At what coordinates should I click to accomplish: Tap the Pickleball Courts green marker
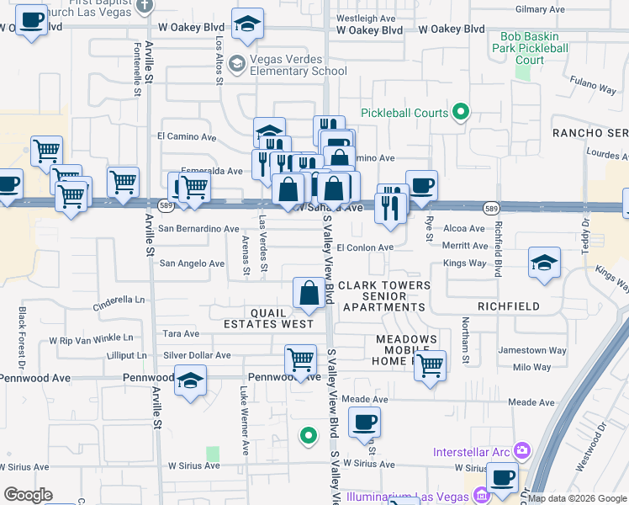460,111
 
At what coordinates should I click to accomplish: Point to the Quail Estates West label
268,317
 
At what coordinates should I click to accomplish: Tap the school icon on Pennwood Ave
191,380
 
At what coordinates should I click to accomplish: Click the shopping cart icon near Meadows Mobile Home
430,365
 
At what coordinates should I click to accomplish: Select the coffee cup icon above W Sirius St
364,422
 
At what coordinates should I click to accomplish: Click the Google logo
28,495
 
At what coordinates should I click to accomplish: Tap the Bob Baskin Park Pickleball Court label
533,48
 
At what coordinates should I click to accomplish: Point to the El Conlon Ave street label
365,247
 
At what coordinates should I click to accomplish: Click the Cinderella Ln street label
119,299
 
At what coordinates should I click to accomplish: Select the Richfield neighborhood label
508,306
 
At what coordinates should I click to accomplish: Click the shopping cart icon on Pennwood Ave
300,359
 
